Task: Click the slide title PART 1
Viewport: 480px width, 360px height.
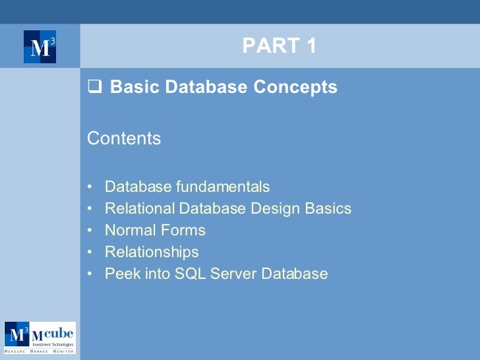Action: [x=280, y=45]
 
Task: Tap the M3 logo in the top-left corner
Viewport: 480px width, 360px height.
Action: [x=40, y=47]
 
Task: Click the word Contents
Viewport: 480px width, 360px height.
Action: [x=124, y=138]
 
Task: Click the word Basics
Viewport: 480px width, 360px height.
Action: [x=328, y=209]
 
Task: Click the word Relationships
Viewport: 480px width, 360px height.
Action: [x=152, y=253]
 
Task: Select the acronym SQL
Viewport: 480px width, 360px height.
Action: [x=189, y=274]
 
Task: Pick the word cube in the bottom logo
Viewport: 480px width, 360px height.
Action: [x=58, y=332]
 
